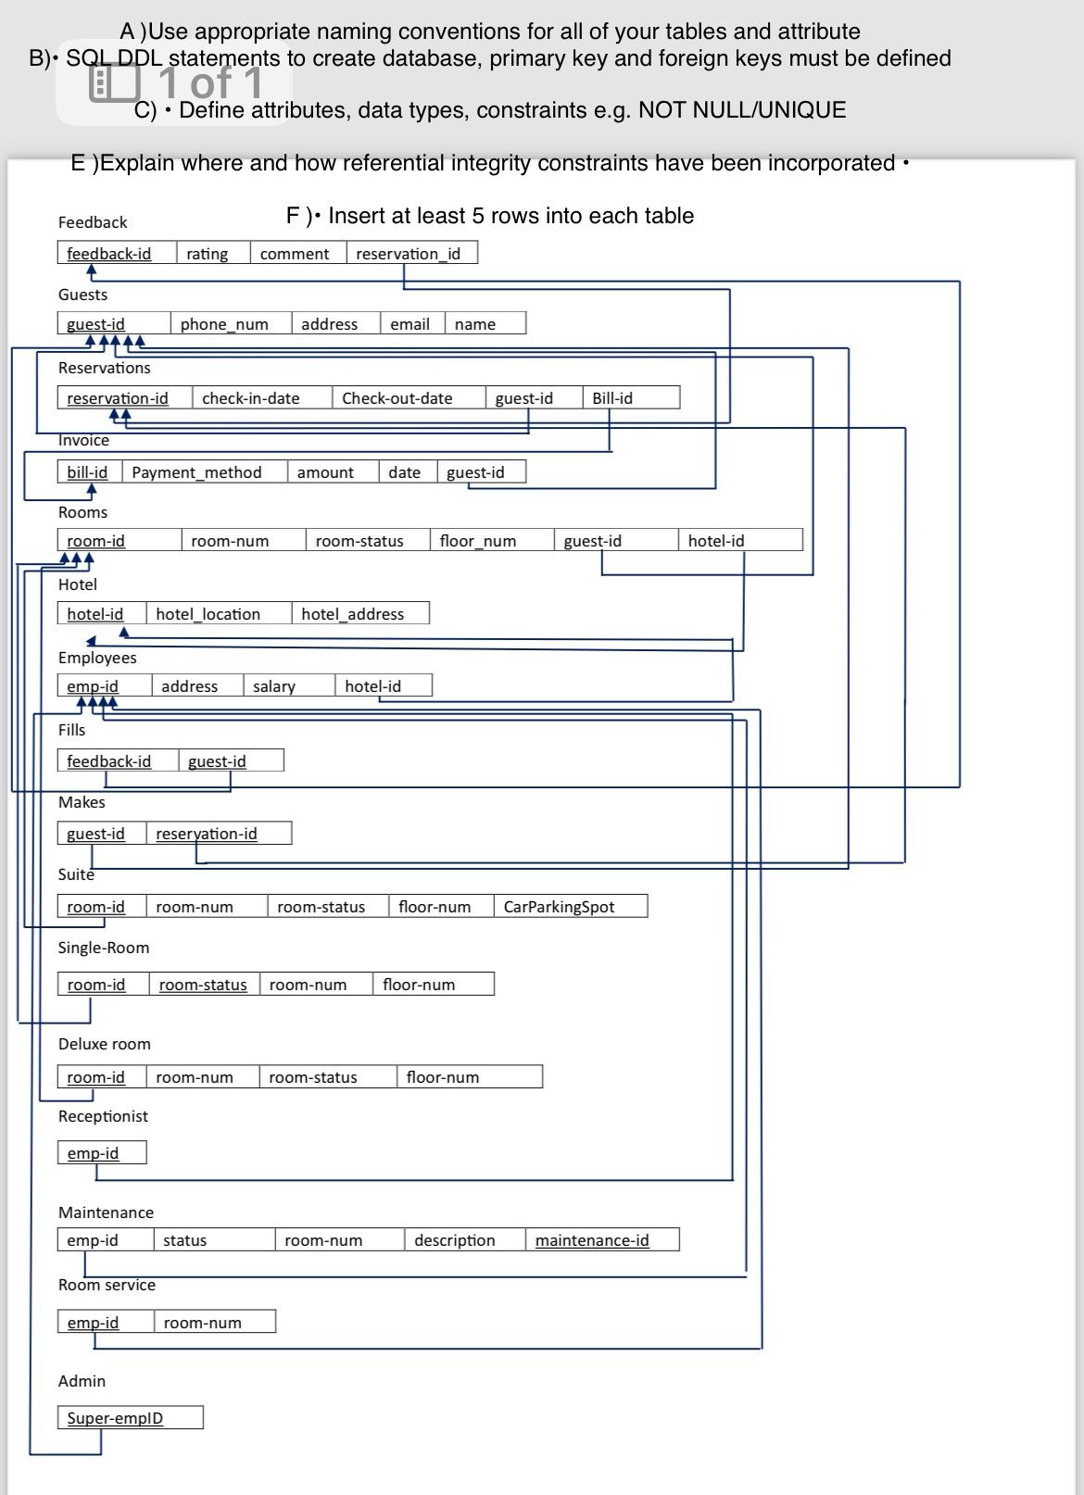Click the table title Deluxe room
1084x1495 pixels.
pos(104,1044)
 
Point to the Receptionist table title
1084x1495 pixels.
pos(103,1116)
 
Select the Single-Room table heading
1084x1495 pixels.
pos(103,948)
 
